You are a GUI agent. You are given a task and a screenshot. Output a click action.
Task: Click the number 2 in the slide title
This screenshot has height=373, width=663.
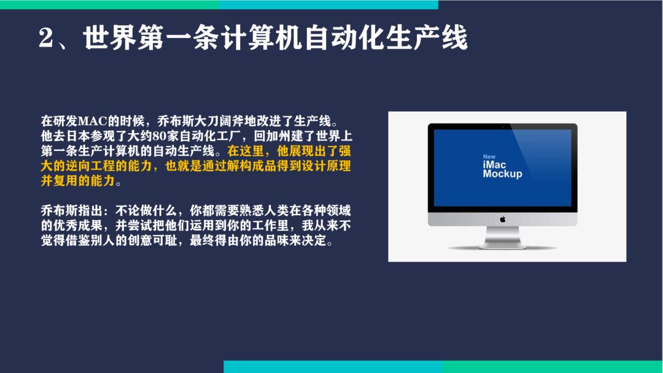pyautogui.click(x=45, y=37)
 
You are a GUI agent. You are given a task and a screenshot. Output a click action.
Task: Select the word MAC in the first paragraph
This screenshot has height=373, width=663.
pyautogui.click(x=92, y=121)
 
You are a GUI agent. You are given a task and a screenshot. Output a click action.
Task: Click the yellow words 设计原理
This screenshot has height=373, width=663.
pyautogui.click(x=326, y=166)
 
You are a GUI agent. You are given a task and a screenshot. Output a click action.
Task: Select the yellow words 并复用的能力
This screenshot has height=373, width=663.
pyautogui.click(x=78, y=181)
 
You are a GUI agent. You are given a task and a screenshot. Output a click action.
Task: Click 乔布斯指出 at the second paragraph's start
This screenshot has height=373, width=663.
pyautogui.click(x=71, y=211)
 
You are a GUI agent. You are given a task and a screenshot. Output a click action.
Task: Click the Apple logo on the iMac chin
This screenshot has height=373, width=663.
pyautogui.click(x=503, y=219)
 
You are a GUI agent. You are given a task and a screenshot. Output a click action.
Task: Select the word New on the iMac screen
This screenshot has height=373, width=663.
pyautogui.click(x=489, y=156)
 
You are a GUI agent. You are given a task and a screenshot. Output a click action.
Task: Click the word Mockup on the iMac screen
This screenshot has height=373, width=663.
pyautogui.click(x=502, y=174)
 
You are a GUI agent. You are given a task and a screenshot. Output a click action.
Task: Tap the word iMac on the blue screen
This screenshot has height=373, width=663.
pyautogui.click(x=494, y=165)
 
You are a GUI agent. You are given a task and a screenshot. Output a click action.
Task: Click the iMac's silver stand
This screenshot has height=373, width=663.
pyautogui.click(x=503, y=237)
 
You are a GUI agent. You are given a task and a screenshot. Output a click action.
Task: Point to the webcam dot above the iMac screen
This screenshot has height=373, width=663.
pyautogui.click(x=503, y=126)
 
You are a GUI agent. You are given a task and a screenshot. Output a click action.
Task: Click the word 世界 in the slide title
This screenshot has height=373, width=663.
pyautogui.click(x=110, y=37)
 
